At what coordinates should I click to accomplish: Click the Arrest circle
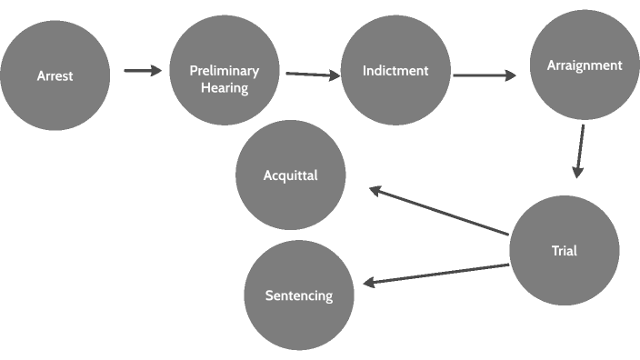pyautogui.click(x=55, y=75)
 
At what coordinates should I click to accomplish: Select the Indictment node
pyautogui.click(x=395, y=70)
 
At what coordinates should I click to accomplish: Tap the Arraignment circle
pyautogui.click(x=585, y=65)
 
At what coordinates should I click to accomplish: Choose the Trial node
pyautogui.click(x=564, y=250)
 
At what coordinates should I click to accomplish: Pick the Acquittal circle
pyautogui.click(x=290, y=175)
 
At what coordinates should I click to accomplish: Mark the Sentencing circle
pyautogui.click(x=298, y=295)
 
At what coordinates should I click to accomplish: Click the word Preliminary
pyautogui.click(x=225, y=70)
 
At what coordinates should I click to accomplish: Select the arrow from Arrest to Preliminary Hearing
pyautogui.click(x=142, y=69)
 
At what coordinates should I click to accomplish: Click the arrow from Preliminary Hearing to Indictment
pyautogui.click(x=312, y=75)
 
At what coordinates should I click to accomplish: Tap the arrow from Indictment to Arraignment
pyautogui.click(x=484, y=75)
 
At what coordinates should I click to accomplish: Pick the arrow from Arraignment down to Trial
pyautogui.click(x=579, y=151)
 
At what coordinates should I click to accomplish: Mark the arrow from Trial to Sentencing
pyautogui.click(x=436, y=274)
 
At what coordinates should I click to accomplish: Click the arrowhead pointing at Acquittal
pyautogui.click(x=375, y=190)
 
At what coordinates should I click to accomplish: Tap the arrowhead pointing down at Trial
pyautogui.click(x=576, y=172)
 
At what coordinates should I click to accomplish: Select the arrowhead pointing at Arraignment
pyautogui.click(x=509, y=75)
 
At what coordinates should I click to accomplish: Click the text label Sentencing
pyautogui.click(x=298, y=295)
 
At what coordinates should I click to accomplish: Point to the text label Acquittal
pyautogui.click(x=290, y=175)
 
